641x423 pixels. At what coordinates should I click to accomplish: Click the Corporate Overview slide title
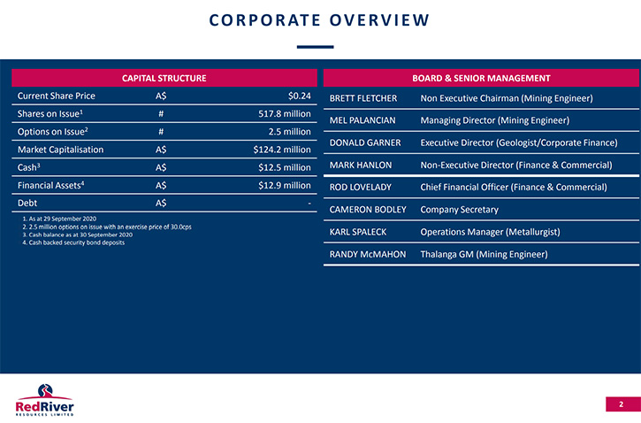[319, 20]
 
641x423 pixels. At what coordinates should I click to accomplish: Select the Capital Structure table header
[164, 78]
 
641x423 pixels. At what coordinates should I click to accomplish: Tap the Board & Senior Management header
[481, 78]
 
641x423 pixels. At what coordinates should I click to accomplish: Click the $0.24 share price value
[299, 96]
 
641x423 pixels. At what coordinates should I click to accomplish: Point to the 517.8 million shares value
[285, 114]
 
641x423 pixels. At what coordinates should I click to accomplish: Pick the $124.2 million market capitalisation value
[282, 150]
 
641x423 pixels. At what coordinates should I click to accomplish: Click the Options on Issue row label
[53, 132]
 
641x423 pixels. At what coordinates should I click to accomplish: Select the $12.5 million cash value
[285, 168]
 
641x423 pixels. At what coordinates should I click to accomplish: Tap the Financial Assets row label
[50, 185]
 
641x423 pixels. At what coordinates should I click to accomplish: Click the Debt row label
[27, 203]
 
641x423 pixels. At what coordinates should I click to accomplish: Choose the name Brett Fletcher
[363, 98]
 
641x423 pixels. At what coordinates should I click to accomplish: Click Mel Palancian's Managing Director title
[495, 120]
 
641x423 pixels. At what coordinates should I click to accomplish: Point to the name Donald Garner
[365, 142]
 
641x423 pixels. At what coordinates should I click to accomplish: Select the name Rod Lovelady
[361, 188]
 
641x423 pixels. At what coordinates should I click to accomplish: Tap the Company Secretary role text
[460, 210]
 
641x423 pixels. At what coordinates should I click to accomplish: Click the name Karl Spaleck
[358, 232]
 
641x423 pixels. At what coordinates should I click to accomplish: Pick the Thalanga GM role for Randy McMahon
[484, 255]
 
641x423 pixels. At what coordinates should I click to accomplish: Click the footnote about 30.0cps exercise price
[107, 227]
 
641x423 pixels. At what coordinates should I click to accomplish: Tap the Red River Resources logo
[44, 400]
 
